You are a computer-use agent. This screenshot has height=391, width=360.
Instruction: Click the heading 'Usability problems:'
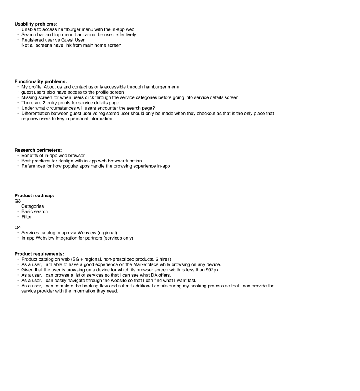click(x=36, y=24)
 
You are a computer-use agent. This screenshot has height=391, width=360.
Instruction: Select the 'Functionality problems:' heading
click(x=41, y=81)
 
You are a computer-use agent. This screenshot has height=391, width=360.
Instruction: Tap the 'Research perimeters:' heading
click(x=38, y=150)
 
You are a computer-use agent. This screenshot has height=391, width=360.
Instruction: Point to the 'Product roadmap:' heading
click(x=34, y=196)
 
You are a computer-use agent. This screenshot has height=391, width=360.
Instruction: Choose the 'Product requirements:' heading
click(x=39, y=254)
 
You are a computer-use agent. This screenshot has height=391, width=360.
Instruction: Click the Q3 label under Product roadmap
click(x=18, y=201)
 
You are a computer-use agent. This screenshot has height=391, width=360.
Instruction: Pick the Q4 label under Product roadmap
click(x=18, y=227)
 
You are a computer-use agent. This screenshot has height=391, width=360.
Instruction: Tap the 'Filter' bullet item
click(x=26, y=217)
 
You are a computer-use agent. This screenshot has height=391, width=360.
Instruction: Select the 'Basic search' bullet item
click(x=34, y=212)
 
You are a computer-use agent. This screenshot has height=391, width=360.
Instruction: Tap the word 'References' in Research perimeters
click(x=34, y=166)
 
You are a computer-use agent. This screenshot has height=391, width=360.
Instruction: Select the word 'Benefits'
click(x=31, y=156)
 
